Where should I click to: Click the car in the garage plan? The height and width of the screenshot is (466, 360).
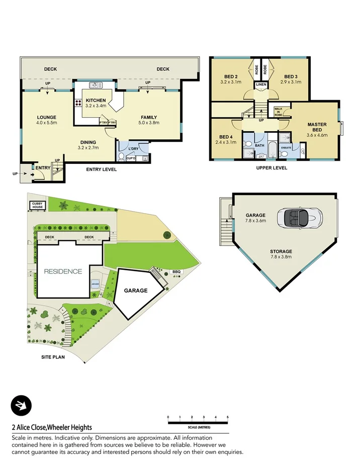pyautogui.click(x=302, y=218)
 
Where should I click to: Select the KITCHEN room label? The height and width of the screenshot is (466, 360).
pyautogui.click(x=96, y=101)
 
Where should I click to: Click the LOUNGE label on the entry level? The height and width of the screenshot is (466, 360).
pyautogui.click(x=47, y=118)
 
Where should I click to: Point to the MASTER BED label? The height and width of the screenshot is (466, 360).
pyautogui.click(x=317, y=127)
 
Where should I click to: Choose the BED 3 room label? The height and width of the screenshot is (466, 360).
pyautogui.click(x=292, y=76)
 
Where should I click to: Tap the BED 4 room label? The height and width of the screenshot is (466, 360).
pyautogui.click(x=225, y=137)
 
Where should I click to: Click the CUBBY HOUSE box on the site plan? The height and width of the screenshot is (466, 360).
pyautogui.click(x=38, y=206)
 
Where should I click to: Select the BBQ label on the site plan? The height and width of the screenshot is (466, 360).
pyautogui.click(x=176, y=272)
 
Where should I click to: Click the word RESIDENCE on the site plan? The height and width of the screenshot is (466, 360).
pyautogui.click(x=63, y=271)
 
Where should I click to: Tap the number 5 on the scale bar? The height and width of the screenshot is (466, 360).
pyautogui.click(x=228, y=417)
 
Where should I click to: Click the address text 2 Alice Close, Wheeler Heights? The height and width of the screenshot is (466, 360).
pyautogui.click(x=52, y=427)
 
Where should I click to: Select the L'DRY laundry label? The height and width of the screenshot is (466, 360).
pyautogui.click(x=133, y=149)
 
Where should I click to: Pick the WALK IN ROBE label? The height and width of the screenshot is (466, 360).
pyautogui.click(x=278, y=111)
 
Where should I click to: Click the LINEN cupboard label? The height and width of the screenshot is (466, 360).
pyautogui.click(x=261, y=85)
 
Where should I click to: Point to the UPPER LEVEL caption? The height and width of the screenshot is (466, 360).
pyautogui.click(x=272, y=168)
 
